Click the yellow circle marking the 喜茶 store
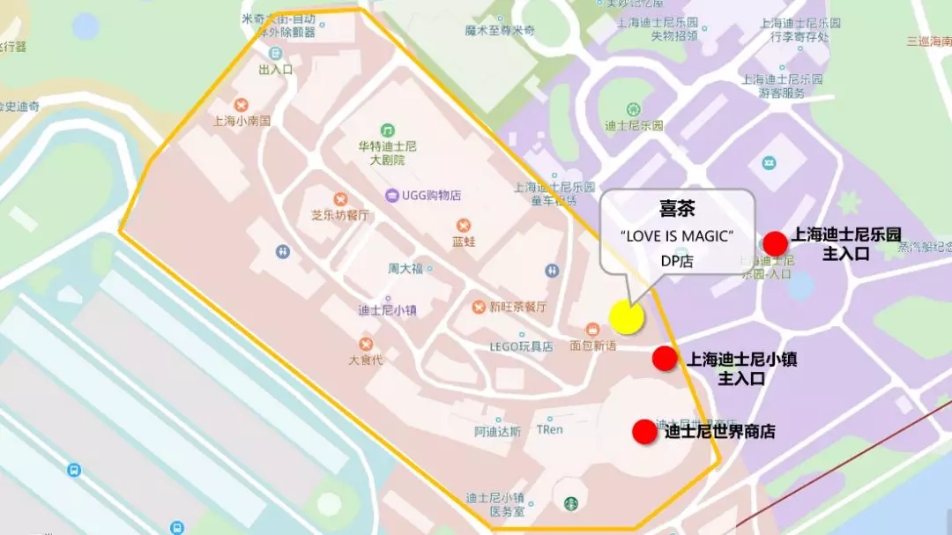(x=627, y=317)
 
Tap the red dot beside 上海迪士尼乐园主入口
(x=775, y=243)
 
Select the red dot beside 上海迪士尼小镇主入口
(x=664, y=358)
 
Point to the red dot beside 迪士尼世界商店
(x=644, y=431)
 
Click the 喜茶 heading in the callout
(x=678, y=208)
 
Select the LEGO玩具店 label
(x=522, y=346)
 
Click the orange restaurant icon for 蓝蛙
(x=457, y=225)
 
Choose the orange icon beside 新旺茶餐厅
(x=478, y=307)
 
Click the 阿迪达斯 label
(x=497, y=432)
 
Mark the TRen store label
(x=549, y=429)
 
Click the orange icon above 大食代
(x=365, y=344)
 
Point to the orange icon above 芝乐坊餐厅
(x=340, y=199)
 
